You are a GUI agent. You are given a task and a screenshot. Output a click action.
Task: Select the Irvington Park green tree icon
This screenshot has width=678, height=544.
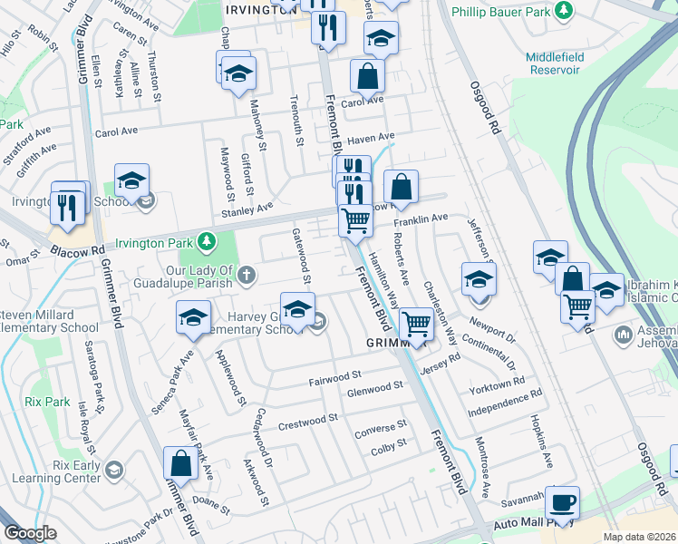208,242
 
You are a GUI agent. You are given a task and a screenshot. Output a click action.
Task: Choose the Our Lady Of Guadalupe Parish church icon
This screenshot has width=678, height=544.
246,272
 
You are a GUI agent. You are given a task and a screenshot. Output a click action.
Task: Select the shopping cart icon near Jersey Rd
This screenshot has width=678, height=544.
415,323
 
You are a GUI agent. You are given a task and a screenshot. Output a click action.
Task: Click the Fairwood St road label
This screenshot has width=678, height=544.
334,374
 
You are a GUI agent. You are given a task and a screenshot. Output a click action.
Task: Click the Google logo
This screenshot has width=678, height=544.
30,533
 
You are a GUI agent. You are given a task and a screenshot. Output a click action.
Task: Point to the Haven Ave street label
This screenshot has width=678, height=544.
373,139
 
